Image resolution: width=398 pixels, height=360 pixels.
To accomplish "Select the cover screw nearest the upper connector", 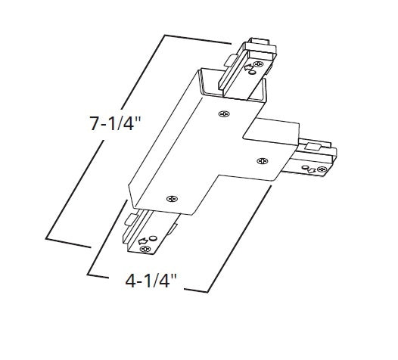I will click(222, 115).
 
